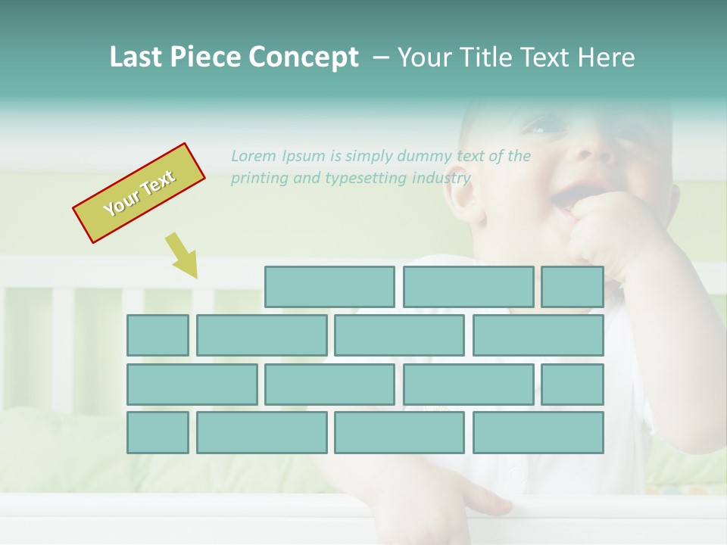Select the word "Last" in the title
click(x=137, y=58)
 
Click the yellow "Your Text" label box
click(x=139, y=193)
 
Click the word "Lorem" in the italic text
click(x=254, y=156)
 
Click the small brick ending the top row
click(x=572, y=287)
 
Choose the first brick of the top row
click(x=329, y=287)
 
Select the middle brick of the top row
click(x=468, y=287)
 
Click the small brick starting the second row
click(x=158, y=335)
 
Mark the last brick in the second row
click(x=538, y=335)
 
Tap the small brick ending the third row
click(x=572, y=385)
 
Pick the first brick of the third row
click(x=192, y=385)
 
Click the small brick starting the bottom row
click(x=158, y=432)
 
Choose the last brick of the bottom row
click(x=538, y=432)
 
